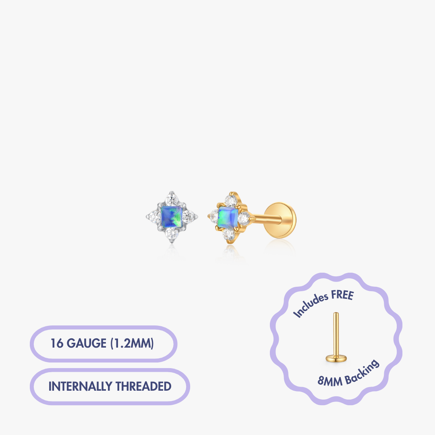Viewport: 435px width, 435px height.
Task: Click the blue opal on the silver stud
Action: [x=172, y=216]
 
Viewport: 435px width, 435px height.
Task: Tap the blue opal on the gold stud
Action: [x=228, y=216]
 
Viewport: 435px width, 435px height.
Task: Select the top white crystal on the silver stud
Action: [x=172, y=199]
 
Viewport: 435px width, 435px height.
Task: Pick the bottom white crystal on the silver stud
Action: [x=172, y=234]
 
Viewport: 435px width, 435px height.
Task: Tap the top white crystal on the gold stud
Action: [x=231, y=201]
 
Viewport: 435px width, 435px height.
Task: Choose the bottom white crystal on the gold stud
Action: [x=229, y=234]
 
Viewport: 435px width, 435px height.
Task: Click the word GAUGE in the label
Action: [x=86, y=344]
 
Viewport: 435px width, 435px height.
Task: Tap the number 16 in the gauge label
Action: [x=57, y=344]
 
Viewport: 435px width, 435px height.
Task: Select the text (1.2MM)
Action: [x=132, y=344]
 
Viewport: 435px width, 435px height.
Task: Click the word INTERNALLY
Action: [x=80, y=386]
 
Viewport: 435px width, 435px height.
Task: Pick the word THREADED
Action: [x=143, y=386]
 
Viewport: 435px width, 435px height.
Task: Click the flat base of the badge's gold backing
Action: [x=336, y=359]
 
